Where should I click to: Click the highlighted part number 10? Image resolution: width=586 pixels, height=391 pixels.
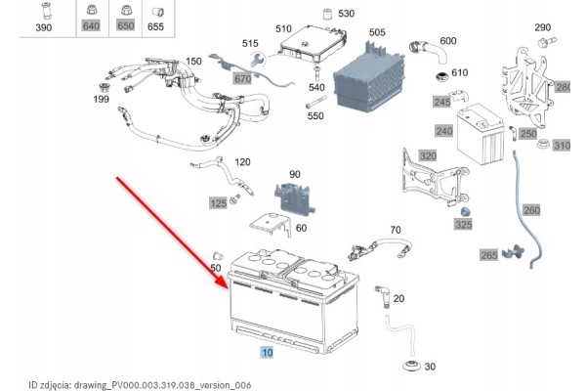coord(267,349)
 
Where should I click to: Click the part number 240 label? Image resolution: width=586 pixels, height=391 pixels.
coord(444,132)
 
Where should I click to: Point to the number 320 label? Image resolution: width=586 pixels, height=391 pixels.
coord(428,155)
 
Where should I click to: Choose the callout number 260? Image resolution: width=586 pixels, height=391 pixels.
coord(531,209)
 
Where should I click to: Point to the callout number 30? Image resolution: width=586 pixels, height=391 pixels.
coord(433,366)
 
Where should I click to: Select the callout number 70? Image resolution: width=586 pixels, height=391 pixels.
coord(395,231)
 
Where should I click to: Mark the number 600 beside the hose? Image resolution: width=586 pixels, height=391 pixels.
coord(448,40)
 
